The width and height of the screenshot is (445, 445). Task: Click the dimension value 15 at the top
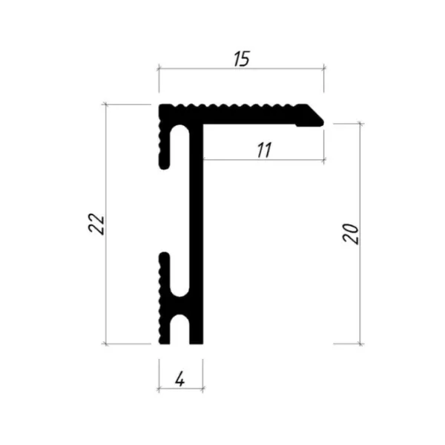(x=242, y=59)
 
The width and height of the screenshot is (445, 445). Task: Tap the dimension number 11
(x=264, y=150)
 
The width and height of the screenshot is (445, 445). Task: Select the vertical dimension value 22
(x=96, y=223)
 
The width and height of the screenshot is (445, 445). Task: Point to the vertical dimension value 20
(x=351, y=234)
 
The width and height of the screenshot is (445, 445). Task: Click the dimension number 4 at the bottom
(x=180, y=378)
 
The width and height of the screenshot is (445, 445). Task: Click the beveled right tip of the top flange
(x=323, y=122)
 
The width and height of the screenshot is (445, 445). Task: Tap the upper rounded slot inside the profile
(x=179, y=145)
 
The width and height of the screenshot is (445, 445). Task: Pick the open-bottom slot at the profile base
(x=179, y=329)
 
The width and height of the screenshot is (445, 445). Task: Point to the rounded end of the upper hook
(x=165, y=165)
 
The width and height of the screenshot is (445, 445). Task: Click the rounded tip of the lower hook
(x=165, y=255)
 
